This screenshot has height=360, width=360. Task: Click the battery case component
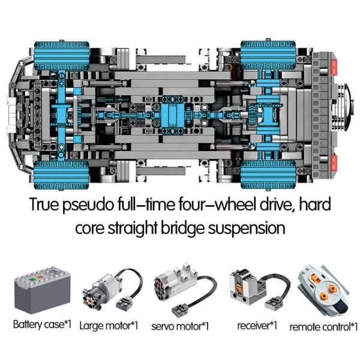click(x=43, y=290)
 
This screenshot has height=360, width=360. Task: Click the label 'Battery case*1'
click(x=42, y=325)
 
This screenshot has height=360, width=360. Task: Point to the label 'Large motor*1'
click(x=109, y=326)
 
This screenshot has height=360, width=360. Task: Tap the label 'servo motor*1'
click(x=180, y=326)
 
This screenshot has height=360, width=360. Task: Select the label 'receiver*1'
click(x=257, y=325)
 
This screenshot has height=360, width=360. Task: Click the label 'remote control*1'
click(x=323, y=327)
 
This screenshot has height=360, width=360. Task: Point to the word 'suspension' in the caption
click(x=247, y=229)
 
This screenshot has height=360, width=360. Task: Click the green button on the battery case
click(x=32, y=280)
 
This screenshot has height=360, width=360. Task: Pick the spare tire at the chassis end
click(x=344, y=107)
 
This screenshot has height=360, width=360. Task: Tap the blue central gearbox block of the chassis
click(x=172, y=115)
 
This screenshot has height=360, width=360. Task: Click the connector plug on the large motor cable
click(x=125, y=302)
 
